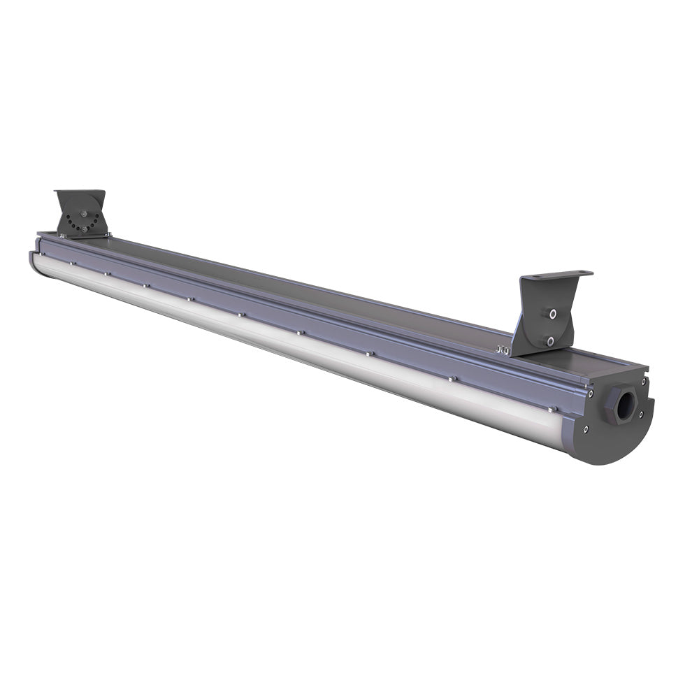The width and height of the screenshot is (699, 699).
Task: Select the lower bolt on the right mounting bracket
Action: (x=550, y=340)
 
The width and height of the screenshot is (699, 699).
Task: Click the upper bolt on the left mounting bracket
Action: (x=85, y=215)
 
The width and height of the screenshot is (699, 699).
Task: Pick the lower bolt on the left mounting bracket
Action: (x=84, y=228)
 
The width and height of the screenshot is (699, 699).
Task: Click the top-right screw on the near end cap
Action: (x=644, y=381)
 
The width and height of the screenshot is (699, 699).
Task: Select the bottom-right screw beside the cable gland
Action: (x=640, y=414)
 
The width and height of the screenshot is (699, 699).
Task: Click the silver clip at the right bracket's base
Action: (x=503, y=349)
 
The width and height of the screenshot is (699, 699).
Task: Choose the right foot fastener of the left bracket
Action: (x=107, y=234)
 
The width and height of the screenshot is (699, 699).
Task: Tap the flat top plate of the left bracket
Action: (x=80, y=194)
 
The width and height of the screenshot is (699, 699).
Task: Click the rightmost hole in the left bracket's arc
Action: (x=98, y=222)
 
